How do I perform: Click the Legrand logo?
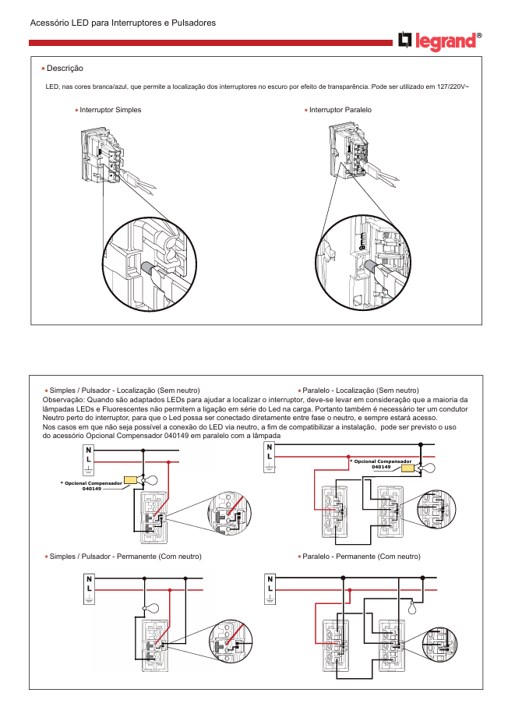point(439,41)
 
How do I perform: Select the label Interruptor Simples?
point(111,110)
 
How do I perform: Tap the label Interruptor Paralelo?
point(340,110)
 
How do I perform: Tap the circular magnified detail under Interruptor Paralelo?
point(362,261)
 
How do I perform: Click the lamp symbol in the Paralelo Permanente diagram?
point(415,607)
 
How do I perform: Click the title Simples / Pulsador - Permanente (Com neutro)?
point(125,557)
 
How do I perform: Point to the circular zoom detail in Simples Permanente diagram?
point(231,645)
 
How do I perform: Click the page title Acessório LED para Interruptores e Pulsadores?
point(122,23)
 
